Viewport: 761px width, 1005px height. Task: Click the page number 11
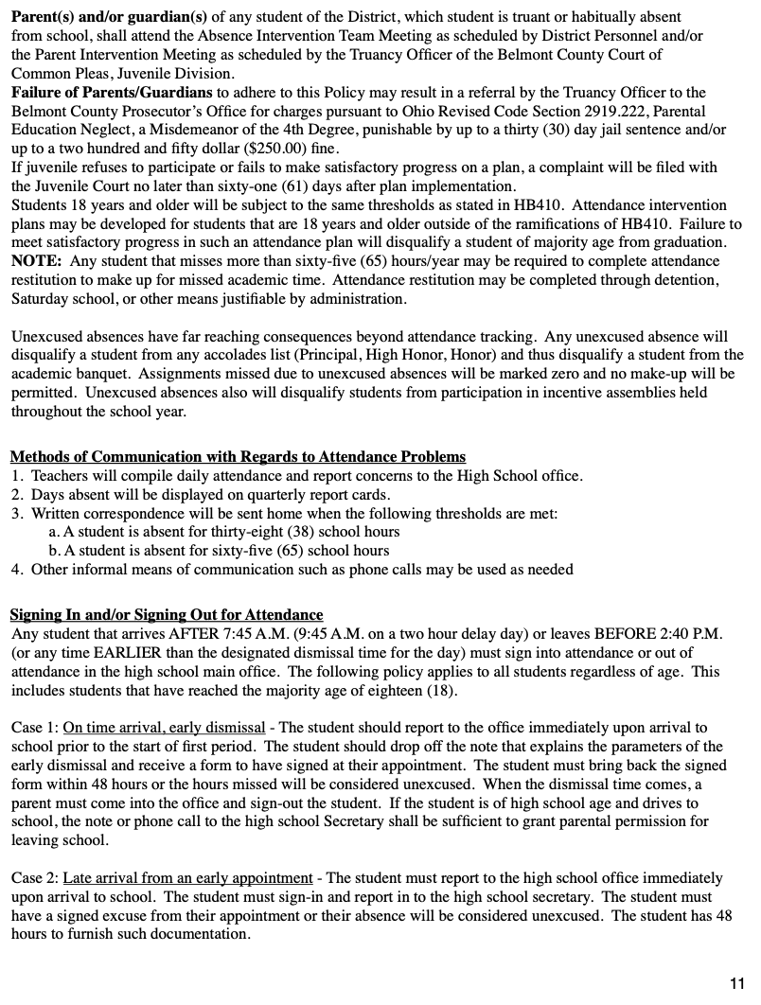pyautogui.click(x=737, y=982)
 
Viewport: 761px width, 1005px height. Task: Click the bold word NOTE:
pyautogui.click(x=37, y=261)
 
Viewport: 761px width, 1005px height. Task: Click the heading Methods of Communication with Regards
pyautogui.click(x=238, y=456)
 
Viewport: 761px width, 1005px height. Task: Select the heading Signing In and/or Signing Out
pyautogui.click(x=167, y=614)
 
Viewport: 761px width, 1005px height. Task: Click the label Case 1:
pyautogui.click(x=35, y=727)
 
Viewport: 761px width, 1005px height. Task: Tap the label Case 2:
pyautogui.click(x=35, y=878)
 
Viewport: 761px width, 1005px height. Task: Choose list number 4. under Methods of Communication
pyautogui.click(x=17, y=570)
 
